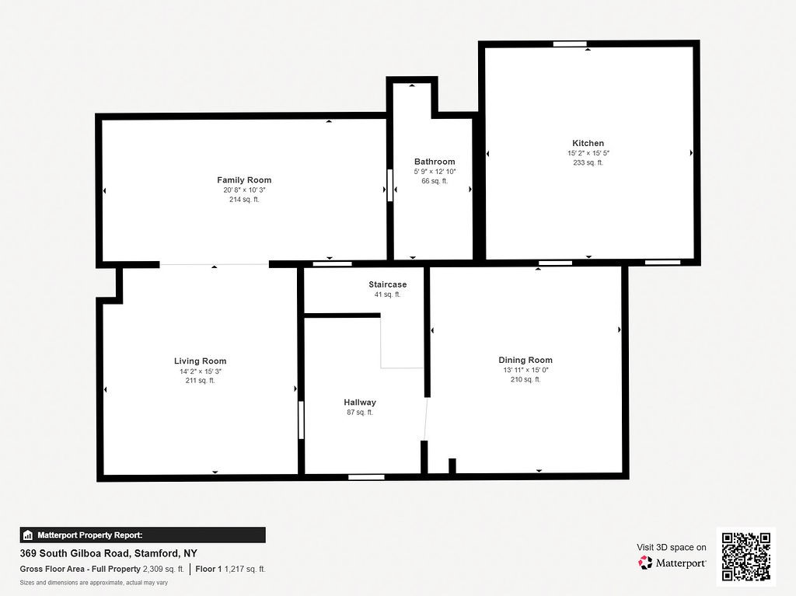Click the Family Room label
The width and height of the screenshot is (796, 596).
point(244,180)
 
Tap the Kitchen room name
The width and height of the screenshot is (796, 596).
point(588,143)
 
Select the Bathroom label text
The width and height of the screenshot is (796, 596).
point(435,162)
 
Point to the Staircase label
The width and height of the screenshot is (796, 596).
point(387,284)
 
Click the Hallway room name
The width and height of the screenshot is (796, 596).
point(360,403)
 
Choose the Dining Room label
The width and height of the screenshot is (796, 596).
point(525,360)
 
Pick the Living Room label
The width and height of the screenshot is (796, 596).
point(200,361)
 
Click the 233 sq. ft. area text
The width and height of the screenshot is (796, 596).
point(588,163)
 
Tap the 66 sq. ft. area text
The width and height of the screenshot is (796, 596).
point(435,181)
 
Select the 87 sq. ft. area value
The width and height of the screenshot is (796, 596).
point(360,413)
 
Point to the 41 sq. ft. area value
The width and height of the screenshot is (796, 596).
point(387,295)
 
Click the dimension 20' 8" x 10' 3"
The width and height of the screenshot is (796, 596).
point(244,190)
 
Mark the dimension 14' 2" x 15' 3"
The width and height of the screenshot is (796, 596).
point(200,371)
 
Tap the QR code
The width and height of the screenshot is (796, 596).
point(745,556)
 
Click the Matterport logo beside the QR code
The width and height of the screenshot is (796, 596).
point(672,563)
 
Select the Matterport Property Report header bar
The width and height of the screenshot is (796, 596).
point(142,535)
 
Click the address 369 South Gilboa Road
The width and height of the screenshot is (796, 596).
point(108,554)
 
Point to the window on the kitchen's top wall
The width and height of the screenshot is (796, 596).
point(570,44)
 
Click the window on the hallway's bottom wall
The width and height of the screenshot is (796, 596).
point(366,477)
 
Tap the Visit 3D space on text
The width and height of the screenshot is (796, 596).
point(672,547)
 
